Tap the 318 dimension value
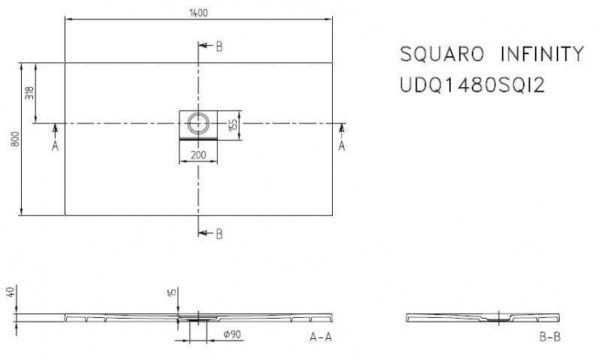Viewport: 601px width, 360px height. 29,93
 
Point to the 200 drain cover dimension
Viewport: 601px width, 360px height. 199,156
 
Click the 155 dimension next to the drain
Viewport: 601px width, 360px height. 233,124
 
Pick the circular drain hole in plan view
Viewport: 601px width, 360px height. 199,123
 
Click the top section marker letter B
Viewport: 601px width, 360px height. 219,47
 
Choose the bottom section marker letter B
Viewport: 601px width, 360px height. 219,234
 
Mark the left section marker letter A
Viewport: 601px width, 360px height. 55,147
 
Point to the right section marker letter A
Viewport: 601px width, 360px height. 343,147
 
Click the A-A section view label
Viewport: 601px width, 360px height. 321,338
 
